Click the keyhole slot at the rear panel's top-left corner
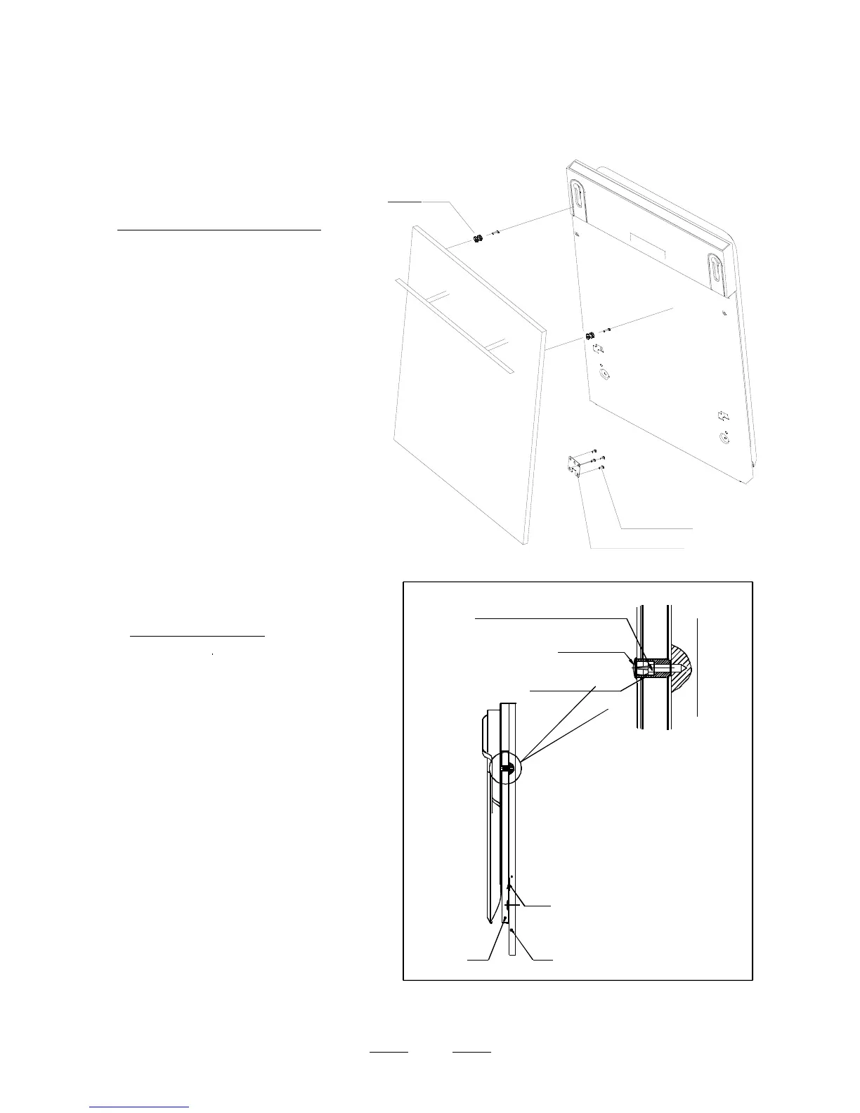578,200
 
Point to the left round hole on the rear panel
605,374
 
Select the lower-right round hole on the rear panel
725,439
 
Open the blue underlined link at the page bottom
140,1107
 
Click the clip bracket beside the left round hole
597,349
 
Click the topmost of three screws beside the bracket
594,450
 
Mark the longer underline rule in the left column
219,229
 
